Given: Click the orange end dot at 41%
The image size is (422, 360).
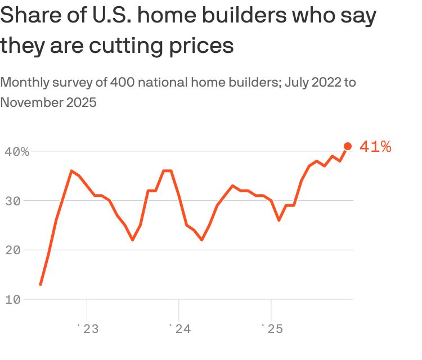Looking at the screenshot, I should [348, 146].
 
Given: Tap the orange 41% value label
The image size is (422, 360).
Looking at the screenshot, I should [375, 147].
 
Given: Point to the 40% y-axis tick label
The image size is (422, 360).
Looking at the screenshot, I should [17, 151].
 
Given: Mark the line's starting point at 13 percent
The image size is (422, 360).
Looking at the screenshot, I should [41, 284].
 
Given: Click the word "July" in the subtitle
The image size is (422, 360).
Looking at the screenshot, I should [298, 83].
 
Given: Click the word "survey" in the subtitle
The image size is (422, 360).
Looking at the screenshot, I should [73, 83].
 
